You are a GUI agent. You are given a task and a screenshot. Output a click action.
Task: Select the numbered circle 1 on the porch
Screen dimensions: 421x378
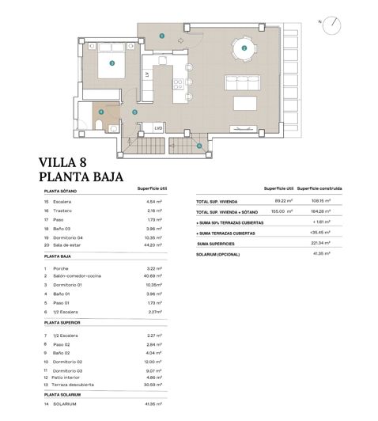tap(161, 36)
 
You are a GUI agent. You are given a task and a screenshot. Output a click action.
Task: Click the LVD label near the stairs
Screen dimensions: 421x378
tap(158, 127)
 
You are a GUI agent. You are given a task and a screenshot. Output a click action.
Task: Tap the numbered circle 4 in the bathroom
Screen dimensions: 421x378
tap(100, 112)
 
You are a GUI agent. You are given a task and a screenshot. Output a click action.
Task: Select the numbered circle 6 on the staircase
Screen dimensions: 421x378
tap(199, 146)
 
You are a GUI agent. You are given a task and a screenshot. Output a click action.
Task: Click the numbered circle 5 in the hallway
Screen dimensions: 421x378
tap(135, 112)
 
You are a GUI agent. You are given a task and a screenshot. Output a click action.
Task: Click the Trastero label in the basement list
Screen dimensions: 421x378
tap(65, 211)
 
